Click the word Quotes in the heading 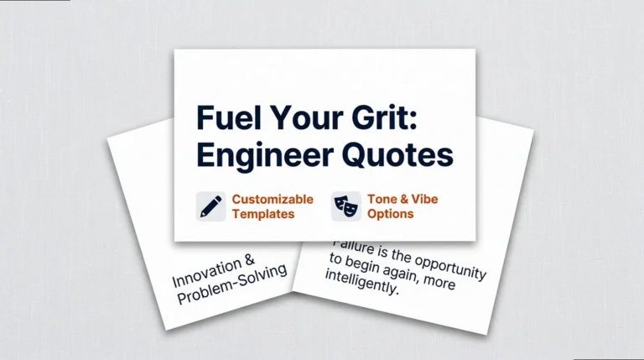tap(401, 155)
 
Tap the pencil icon tap(210, 206)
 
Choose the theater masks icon tap(345, 206)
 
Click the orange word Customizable tap(273, 200)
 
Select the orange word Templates tap(263, 214)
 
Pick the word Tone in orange tap(382, 200)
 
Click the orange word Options tap(390, 214)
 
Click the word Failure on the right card tap(353, 245)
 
